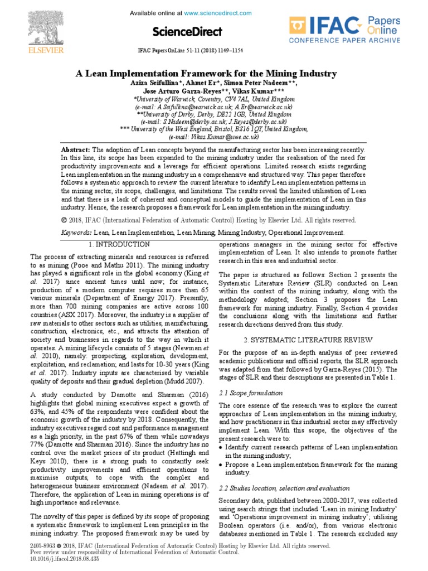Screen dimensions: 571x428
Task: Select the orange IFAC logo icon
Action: click(298, 27)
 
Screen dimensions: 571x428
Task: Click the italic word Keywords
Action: click(76, 233)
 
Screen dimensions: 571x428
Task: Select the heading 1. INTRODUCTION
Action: click(119, 245)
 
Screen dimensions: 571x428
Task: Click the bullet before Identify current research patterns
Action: click(221, 448)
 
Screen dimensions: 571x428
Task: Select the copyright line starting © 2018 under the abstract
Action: click(206, 221)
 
